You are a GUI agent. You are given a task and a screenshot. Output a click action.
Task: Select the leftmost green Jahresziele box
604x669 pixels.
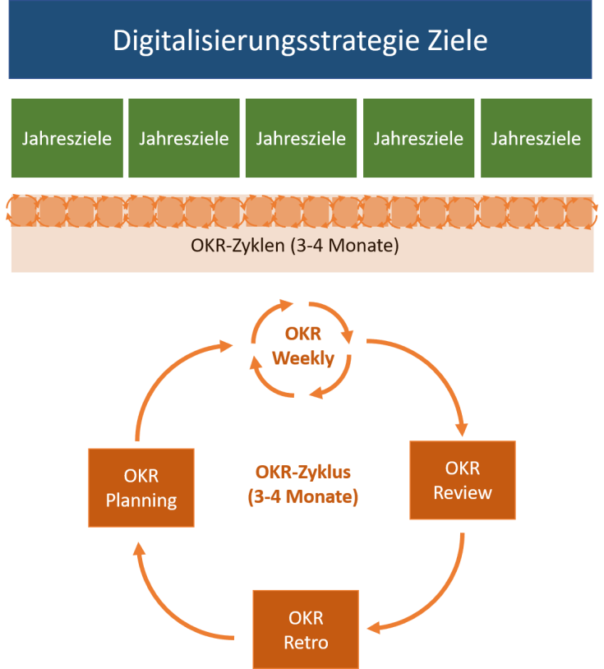67,138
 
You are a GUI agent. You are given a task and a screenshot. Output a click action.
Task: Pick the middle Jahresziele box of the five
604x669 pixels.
301,138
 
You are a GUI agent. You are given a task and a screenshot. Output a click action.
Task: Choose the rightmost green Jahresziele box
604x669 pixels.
536,138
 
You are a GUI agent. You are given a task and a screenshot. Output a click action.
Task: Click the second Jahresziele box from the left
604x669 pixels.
184,138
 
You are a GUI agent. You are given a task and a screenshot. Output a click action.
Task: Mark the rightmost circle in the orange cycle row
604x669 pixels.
581,213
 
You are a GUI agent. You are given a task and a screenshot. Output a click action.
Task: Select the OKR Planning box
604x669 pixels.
141,487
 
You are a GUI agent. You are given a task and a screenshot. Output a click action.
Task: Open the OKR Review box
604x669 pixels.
463,480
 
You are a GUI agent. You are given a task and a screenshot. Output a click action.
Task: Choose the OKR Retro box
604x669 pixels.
306,630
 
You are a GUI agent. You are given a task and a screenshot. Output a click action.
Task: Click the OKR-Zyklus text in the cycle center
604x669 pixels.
303,473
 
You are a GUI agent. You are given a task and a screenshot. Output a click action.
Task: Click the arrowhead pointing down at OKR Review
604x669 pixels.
461,429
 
